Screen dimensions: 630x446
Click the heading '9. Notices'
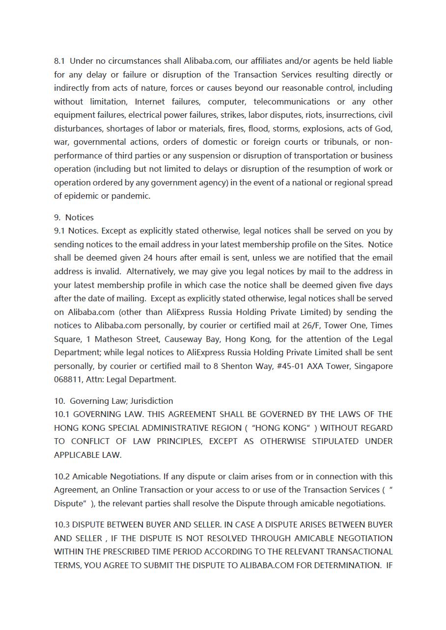(74, 217)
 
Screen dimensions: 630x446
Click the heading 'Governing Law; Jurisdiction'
(121, 401)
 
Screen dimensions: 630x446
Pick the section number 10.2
(62, 476)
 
